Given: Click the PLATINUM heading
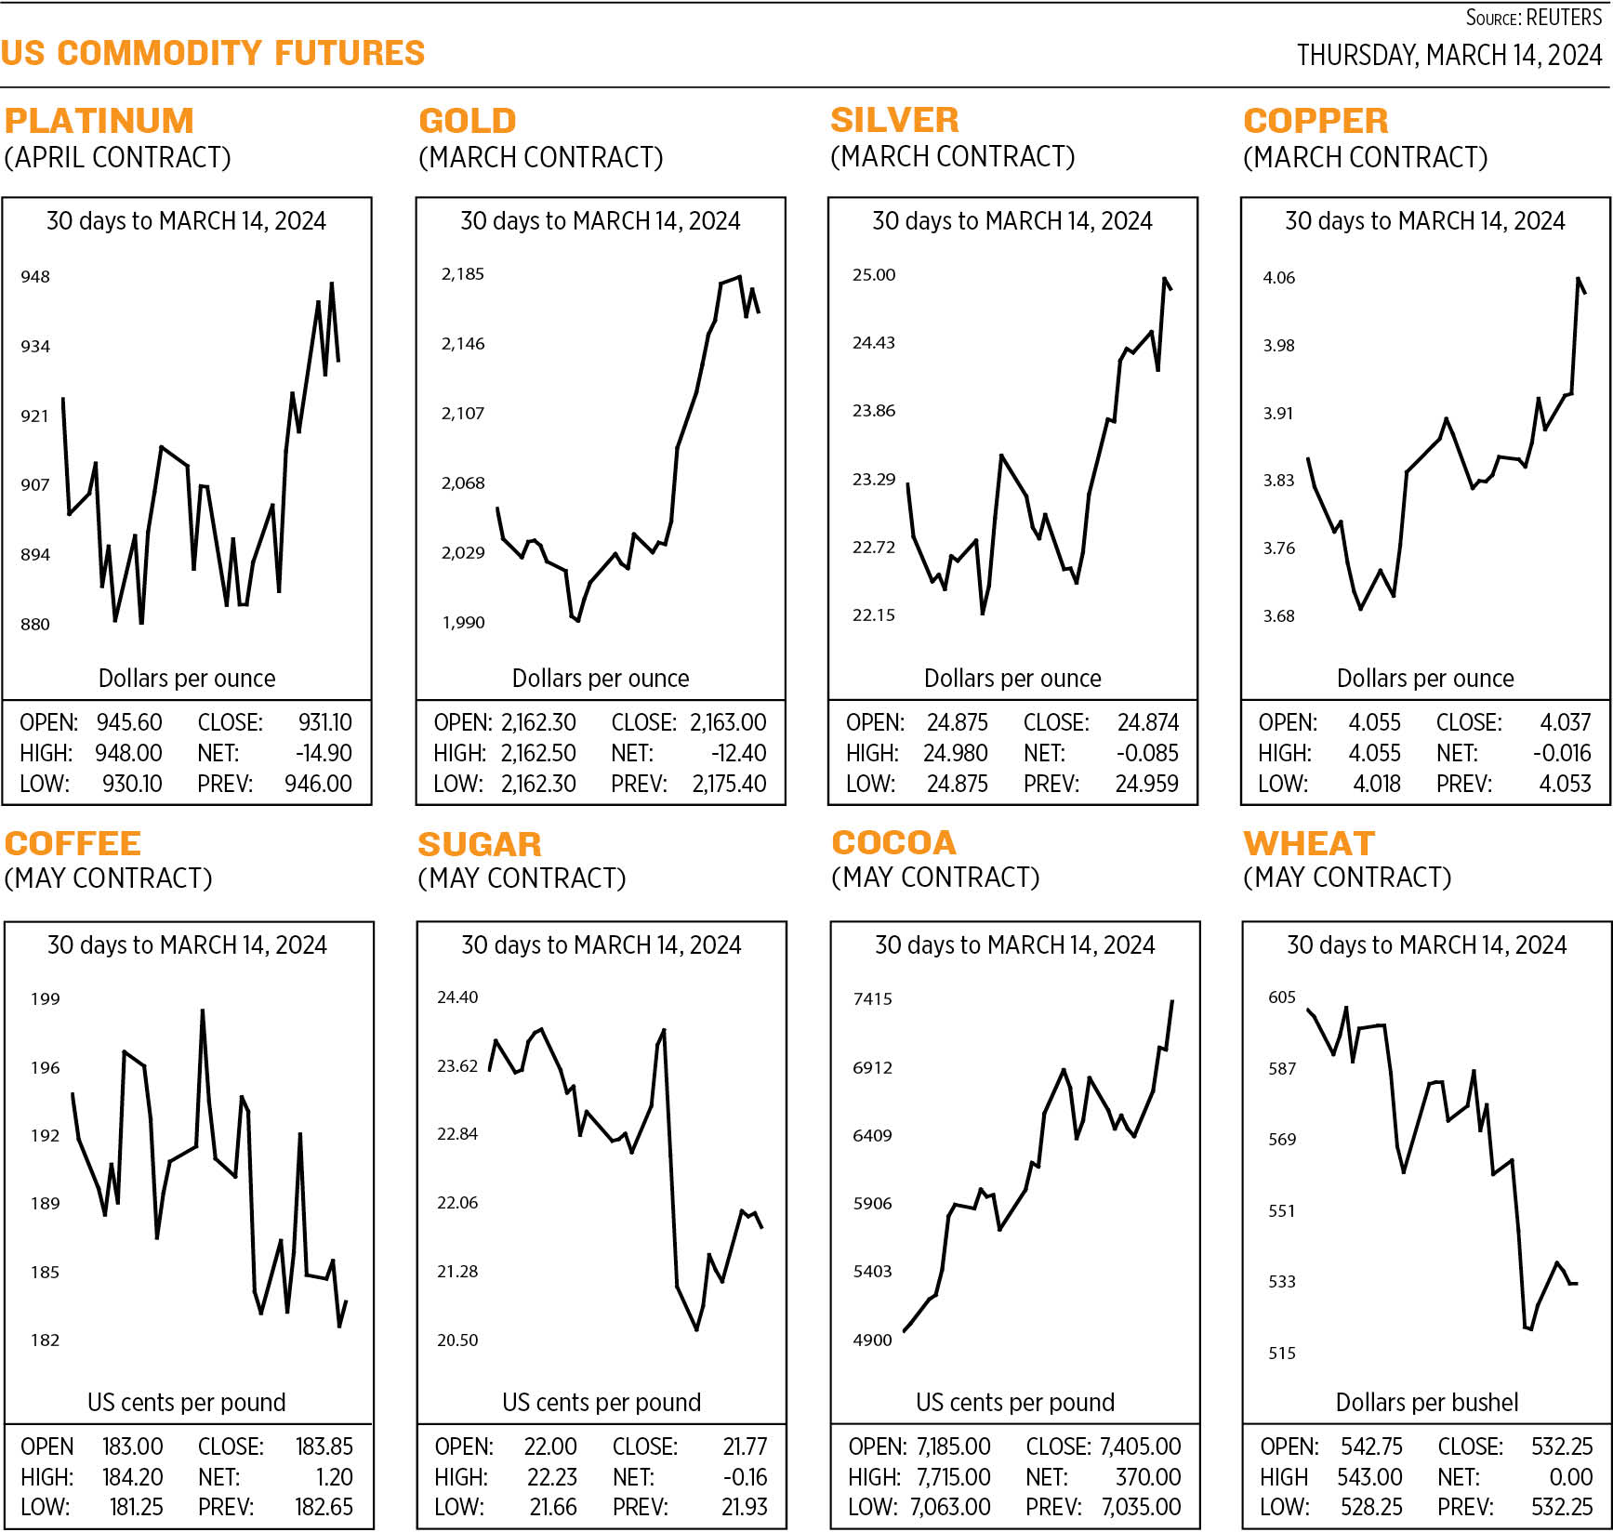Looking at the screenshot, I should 99,121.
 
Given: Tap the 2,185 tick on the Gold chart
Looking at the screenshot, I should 462,274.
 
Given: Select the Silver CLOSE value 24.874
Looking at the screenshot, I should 1147,722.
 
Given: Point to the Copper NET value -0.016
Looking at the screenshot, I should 1561,753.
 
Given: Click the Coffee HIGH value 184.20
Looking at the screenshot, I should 132,1477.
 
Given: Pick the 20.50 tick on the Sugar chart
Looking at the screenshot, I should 457,1340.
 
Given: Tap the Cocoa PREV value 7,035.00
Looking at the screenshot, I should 1141,1507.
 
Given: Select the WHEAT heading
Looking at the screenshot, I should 1309,843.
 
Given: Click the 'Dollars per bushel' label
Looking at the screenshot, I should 1426,1402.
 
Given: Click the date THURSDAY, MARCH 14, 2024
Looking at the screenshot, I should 1448,56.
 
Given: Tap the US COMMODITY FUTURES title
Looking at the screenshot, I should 213,53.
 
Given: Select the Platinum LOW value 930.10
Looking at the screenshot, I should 132,784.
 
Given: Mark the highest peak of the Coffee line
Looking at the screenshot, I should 203,1010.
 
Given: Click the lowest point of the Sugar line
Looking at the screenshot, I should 696,1330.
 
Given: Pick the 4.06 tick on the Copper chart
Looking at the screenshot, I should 1278,278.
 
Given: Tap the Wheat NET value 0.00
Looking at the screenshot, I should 1570,1477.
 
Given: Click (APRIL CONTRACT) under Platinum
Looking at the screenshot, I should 118,157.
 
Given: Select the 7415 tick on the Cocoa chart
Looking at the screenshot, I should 872,999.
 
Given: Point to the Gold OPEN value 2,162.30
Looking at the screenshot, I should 538,722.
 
